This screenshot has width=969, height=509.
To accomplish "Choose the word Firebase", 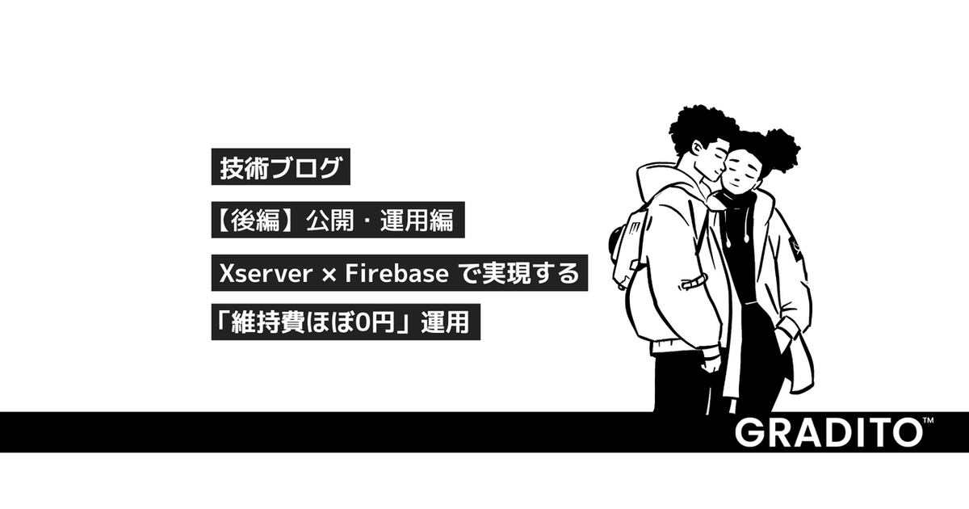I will pyautogui.click(x=396, y=275).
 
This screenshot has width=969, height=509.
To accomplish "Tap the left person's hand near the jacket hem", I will pyautogui.click(x=710, y=360).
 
